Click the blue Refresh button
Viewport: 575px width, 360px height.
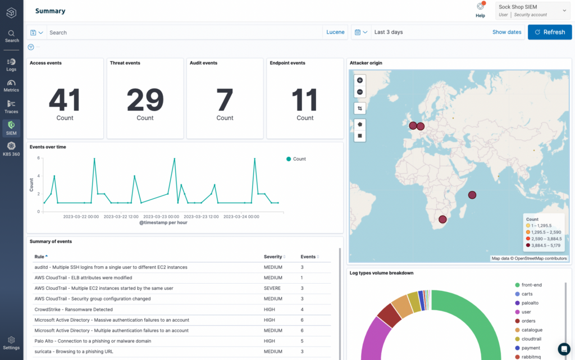click(x=549, y=32)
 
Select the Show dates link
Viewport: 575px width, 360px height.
click(x=506, y=32)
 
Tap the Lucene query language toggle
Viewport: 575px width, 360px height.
click(x=335, y=32)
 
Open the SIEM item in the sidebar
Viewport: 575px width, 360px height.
click(x=11, y=128)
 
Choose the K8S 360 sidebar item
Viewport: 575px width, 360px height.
click(x=11, y=149)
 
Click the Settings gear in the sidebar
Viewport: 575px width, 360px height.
click(x=11, y=343)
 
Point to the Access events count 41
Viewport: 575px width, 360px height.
click(x=65, y=100)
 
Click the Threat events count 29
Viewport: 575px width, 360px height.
click(x=145, y=100)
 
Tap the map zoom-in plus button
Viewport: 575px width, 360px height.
click(x=360, y=80)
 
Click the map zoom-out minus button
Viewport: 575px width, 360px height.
click(x=360, y=92)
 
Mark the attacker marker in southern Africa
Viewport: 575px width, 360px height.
click(x=442, y=220)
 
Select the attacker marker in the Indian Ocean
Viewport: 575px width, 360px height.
click(x=472, y=195)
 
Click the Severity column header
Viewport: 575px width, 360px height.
click(x=273, y=257)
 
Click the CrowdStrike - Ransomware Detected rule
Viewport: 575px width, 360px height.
click(x=74, y=309)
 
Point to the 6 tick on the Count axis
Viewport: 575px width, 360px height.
click(x=39, y=158)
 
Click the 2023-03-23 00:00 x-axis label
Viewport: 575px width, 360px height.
click(x=161, y=217)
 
